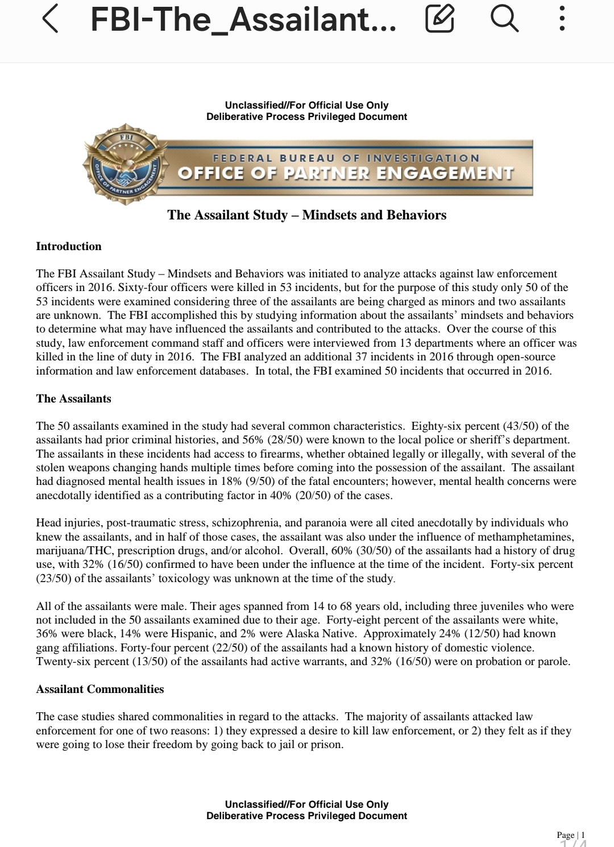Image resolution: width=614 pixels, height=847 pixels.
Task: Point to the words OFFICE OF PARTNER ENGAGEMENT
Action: tap(346, 173)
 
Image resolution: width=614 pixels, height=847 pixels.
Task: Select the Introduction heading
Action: tap(69, 246)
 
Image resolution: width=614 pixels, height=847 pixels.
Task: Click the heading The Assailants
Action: tap(73, 398)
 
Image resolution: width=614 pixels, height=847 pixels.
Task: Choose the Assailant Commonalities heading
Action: tap(100, 689)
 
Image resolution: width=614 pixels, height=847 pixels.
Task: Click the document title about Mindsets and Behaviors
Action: tap(307, 215)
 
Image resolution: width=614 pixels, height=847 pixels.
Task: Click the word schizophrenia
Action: tap(248, 523)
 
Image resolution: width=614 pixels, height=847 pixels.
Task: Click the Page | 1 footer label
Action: tap(570, 834)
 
